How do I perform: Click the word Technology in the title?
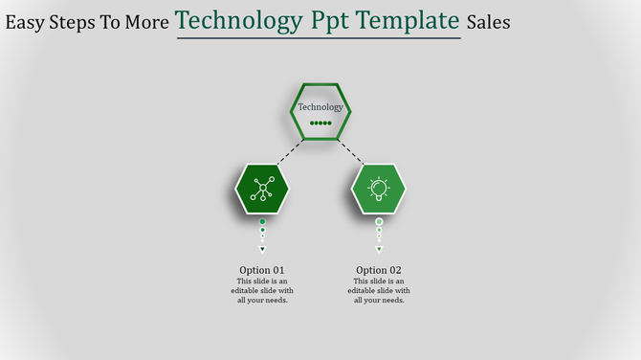tap(238, 20)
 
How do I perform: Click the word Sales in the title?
tap(489, 21)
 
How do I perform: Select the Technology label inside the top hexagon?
tap(320, 107)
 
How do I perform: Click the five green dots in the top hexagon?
tap(320, 124)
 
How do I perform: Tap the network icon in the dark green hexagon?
tap(262, 189)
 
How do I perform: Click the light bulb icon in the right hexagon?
tap(379, 189)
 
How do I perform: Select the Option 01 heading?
tap(262, 270)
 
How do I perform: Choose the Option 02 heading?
tap(379, 270)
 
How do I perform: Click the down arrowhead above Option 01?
tap(262, 249)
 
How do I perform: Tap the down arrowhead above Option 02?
tap(379, 249)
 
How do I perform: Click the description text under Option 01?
tap(262, 290)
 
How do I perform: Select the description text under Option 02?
tap(379, 290)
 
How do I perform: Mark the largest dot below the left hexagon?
tap(262, 221)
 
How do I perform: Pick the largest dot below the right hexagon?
tap(379, 221)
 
